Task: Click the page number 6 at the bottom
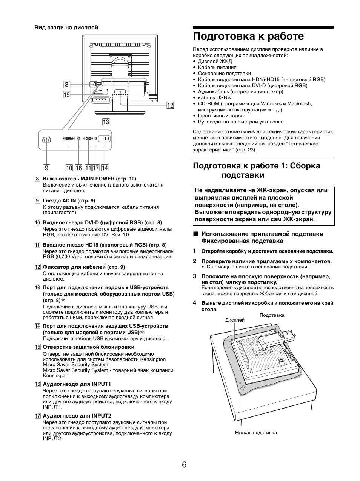(x=184, y=464)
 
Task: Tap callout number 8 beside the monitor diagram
(x=66, y=85)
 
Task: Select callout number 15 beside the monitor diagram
(x=66, y=95)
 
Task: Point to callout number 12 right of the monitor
(x=170, y=105)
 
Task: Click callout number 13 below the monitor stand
(x=106, y=122)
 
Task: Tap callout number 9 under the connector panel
(x=46, y=168)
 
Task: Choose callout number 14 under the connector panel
(x=105, y=168)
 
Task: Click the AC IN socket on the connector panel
(x=47, y=140)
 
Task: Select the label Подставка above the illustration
(x=272, y=315)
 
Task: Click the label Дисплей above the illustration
(x=235, y=320)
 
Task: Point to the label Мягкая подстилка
(x=255, y=432)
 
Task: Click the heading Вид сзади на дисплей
(x=66, y=28)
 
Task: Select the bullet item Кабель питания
(x=217, y=68)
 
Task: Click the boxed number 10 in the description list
(x=37, y=223)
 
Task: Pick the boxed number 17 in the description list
(x=37, y=416)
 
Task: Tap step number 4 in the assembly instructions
(x=195, y=303)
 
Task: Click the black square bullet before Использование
(x=195, y=234)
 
